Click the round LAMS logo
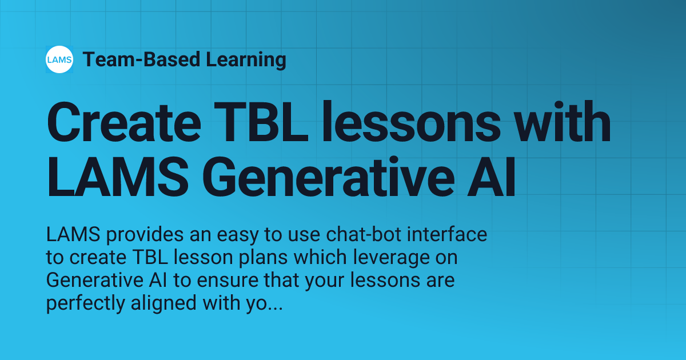tap(59, 59)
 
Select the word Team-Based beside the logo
tap(141, 59)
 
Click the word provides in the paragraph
tap(143, 235)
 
